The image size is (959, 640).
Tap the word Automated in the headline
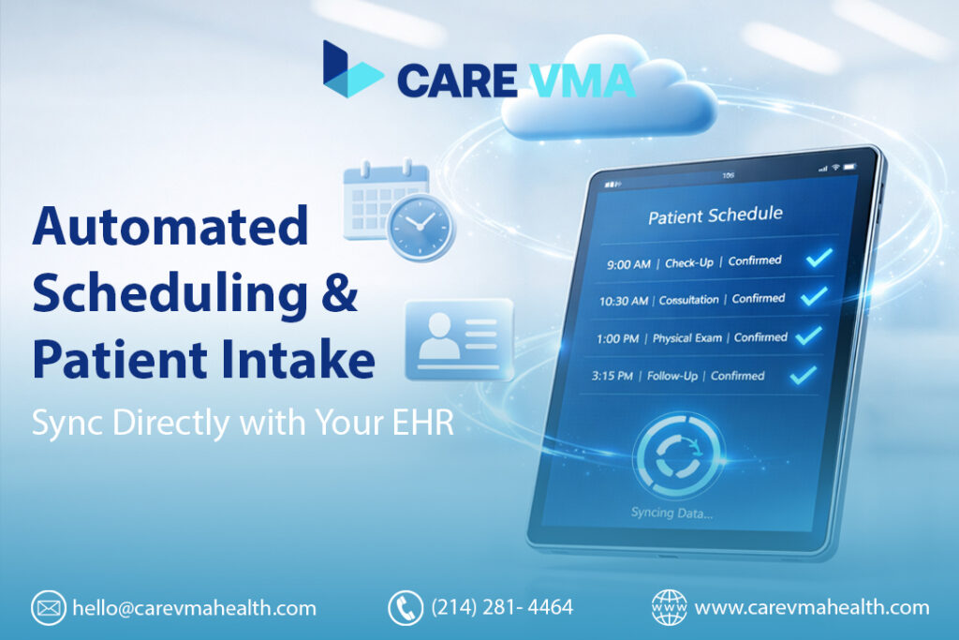170,229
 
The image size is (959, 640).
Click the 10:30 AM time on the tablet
626,301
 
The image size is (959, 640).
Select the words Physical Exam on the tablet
687,337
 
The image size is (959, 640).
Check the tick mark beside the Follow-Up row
803,376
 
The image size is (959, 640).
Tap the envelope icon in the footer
48,608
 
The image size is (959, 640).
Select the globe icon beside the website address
669,608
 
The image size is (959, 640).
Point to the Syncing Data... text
671,512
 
